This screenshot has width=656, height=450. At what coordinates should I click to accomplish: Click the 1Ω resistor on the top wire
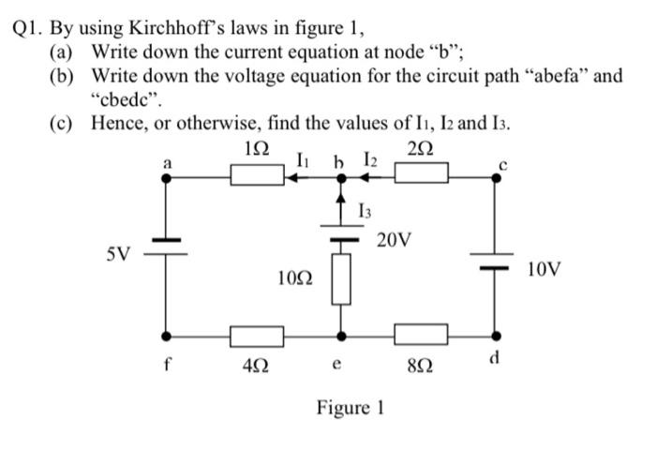click(x=258, y=174)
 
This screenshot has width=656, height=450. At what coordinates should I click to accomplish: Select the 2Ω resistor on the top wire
click(x=421, y=174)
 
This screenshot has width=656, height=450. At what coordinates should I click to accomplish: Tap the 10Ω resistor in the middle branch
click(x=341, y=278)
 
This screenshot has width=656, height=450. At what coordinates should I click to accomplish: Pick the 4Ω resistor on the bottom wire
click(x=258, y=335)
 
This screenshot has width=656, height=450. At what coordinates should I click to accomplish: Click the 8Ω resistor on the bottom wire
click(x=421, y=335)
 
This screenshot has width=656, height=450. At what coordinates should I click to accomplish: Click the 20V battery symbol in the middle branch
click(x=341, y=232)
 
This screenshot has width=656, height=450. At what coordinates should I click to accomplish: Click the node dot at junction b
click(x=341, y=175)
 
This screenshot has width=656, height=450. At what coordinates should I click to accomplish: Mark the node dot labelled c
click(x=497, y=175)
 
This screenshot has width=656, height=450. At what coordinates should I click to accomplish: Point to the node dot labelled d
click(x=497, y=335)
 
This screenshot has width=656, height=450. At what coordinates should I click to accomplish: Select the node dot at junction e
click(x=341, y=335)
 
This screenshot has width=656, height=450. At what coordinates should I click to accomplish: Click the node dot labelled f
click(x=167, y=335)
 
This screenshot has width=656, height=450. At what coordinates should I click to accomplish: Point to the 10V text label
click(x=544, y=270)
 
